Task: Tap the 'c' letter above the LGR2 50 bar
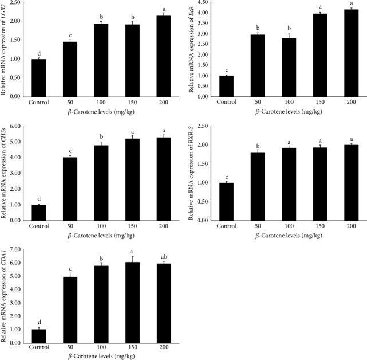click(x=70, y=36)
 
